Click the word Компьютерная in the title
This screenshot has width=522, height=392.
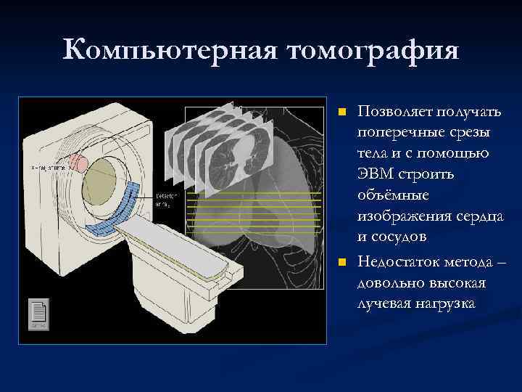(170, 51)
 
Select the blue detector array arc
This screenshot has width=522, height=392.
(119, 210)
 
